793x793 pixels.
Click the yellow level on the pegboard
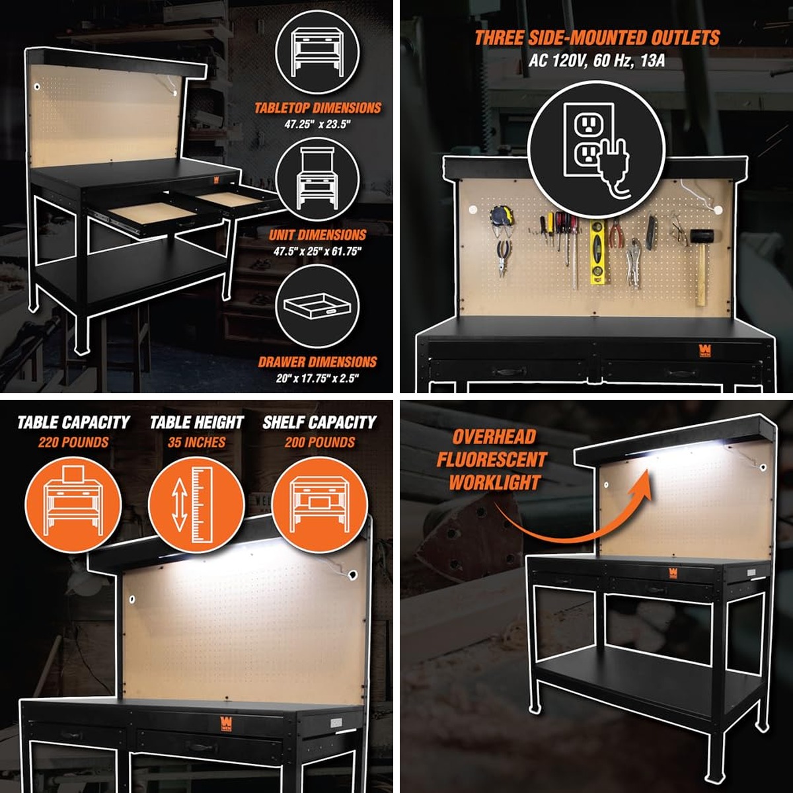pos(598,252)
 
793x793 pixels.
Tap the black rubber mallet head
pos(702,237)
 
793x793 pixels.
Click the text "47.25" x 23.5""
pos(317,124)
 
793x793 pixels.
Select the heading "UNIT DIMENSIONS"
pos(317,235)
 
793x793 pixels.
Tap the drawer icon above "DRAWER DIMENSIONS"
pos(317,307)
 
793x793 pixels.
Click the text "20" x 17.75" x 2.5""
pos(317,378)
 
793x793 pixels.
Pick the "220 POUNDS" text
pos(73,442)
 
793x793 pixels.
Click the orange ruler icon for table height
pos(196,504)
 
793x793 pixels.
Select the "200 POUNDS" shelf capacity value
pos(320,442)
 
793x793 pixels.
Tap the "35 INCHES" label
pos(196,442)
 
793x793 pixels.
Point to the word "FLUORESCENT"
pos(492,460)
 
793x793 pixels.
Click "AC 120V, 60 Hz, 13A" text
pos(596,61)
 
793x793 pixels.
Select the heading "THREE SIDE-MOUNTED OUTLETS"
pos(597,38)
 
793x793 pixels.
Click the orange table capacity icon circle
pos(73,504)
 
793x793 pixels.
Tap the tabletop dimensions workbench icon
pos(317,53)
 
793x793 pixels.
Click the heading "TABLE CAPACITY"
pos(73,422)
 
